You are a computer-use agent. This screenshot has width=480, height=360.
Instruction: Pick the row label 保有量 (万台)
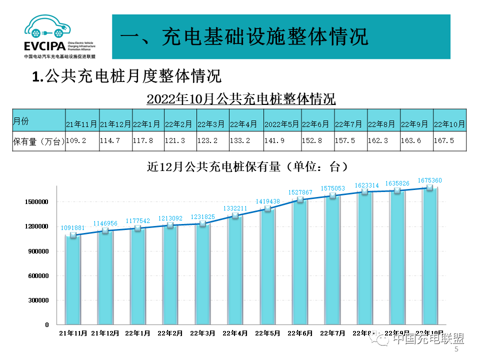coord(38,141)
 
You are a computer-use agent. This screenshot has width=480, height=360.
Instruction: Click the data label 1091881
coord(73,228)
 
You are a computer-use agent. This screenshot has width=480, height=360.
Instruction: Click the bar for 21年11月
coord(73,280)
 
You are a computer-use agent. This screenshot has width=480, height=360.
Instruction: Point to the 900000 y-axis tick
coord(37,251)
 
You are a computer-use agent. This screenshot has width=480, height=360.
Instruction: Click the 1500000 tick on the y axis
coord(37,202)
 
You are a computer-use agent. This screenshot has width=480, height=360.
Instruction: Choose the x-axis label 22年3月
coord(202,333)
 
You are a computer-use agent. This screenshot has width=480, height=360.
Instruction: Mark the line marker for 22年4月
coord(235,216)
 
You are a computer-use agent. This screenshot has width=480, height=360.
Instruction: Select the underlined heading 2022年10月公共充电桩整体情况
coord(241,98)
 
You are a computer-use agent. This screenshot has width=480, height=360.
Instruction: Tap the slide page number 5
coord(456,350)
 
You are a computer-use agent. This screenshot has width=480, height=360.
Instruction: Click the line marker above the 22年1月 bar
coord(138,228)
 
